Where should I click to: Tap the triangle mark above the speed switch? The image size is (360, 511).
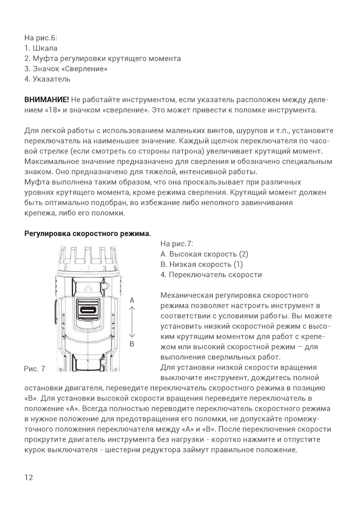point(88,287)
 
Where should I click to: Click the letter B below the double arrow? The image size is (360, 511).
point(132,344)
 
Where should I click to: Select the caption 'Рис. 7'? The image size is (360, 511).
point(34,369)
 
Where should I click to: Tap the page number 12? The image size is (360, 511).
point(29,478)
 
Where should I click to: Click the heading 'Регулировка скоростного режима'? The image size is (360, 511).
point(87,234)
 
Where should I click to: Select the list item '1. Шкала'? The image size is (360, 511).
point(41,48)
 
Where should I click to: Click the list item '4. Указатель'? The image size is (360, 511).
point(47,79)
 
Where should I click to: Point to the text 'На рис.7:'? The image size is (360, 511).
point(176,244)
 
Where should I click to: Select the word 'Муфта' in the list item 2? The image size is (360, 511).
point(42,58)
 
